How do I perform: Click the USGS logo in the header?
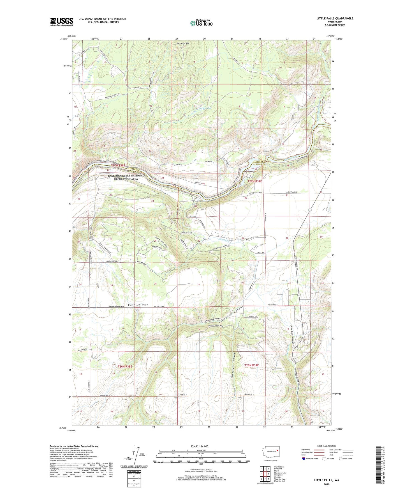[61, 22]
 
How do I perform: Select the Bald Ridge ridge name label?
[138, 304]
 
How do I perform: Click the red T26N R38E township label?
[124, 366]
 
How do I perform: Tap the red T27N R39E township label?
[254, 181]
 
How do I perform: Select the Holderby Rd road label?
[81, 349]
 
